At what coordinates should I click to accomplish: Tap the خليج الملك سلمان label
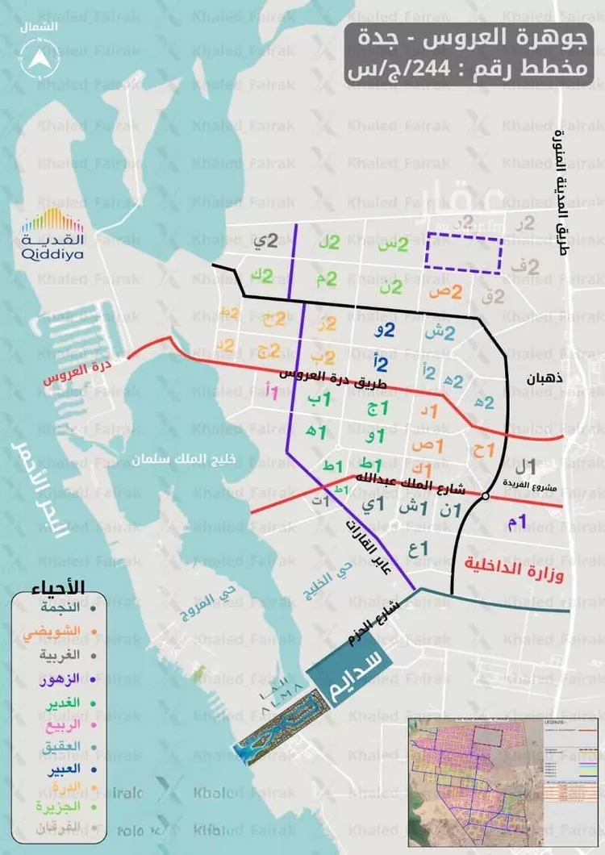coord(185,459)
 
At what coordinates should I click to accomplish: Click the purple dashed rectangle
coord(464,252)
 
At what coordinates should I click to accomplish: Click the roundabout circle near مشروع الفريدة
coord(486,496)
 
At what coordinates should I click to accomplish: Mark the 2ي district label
coord(267,240)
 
